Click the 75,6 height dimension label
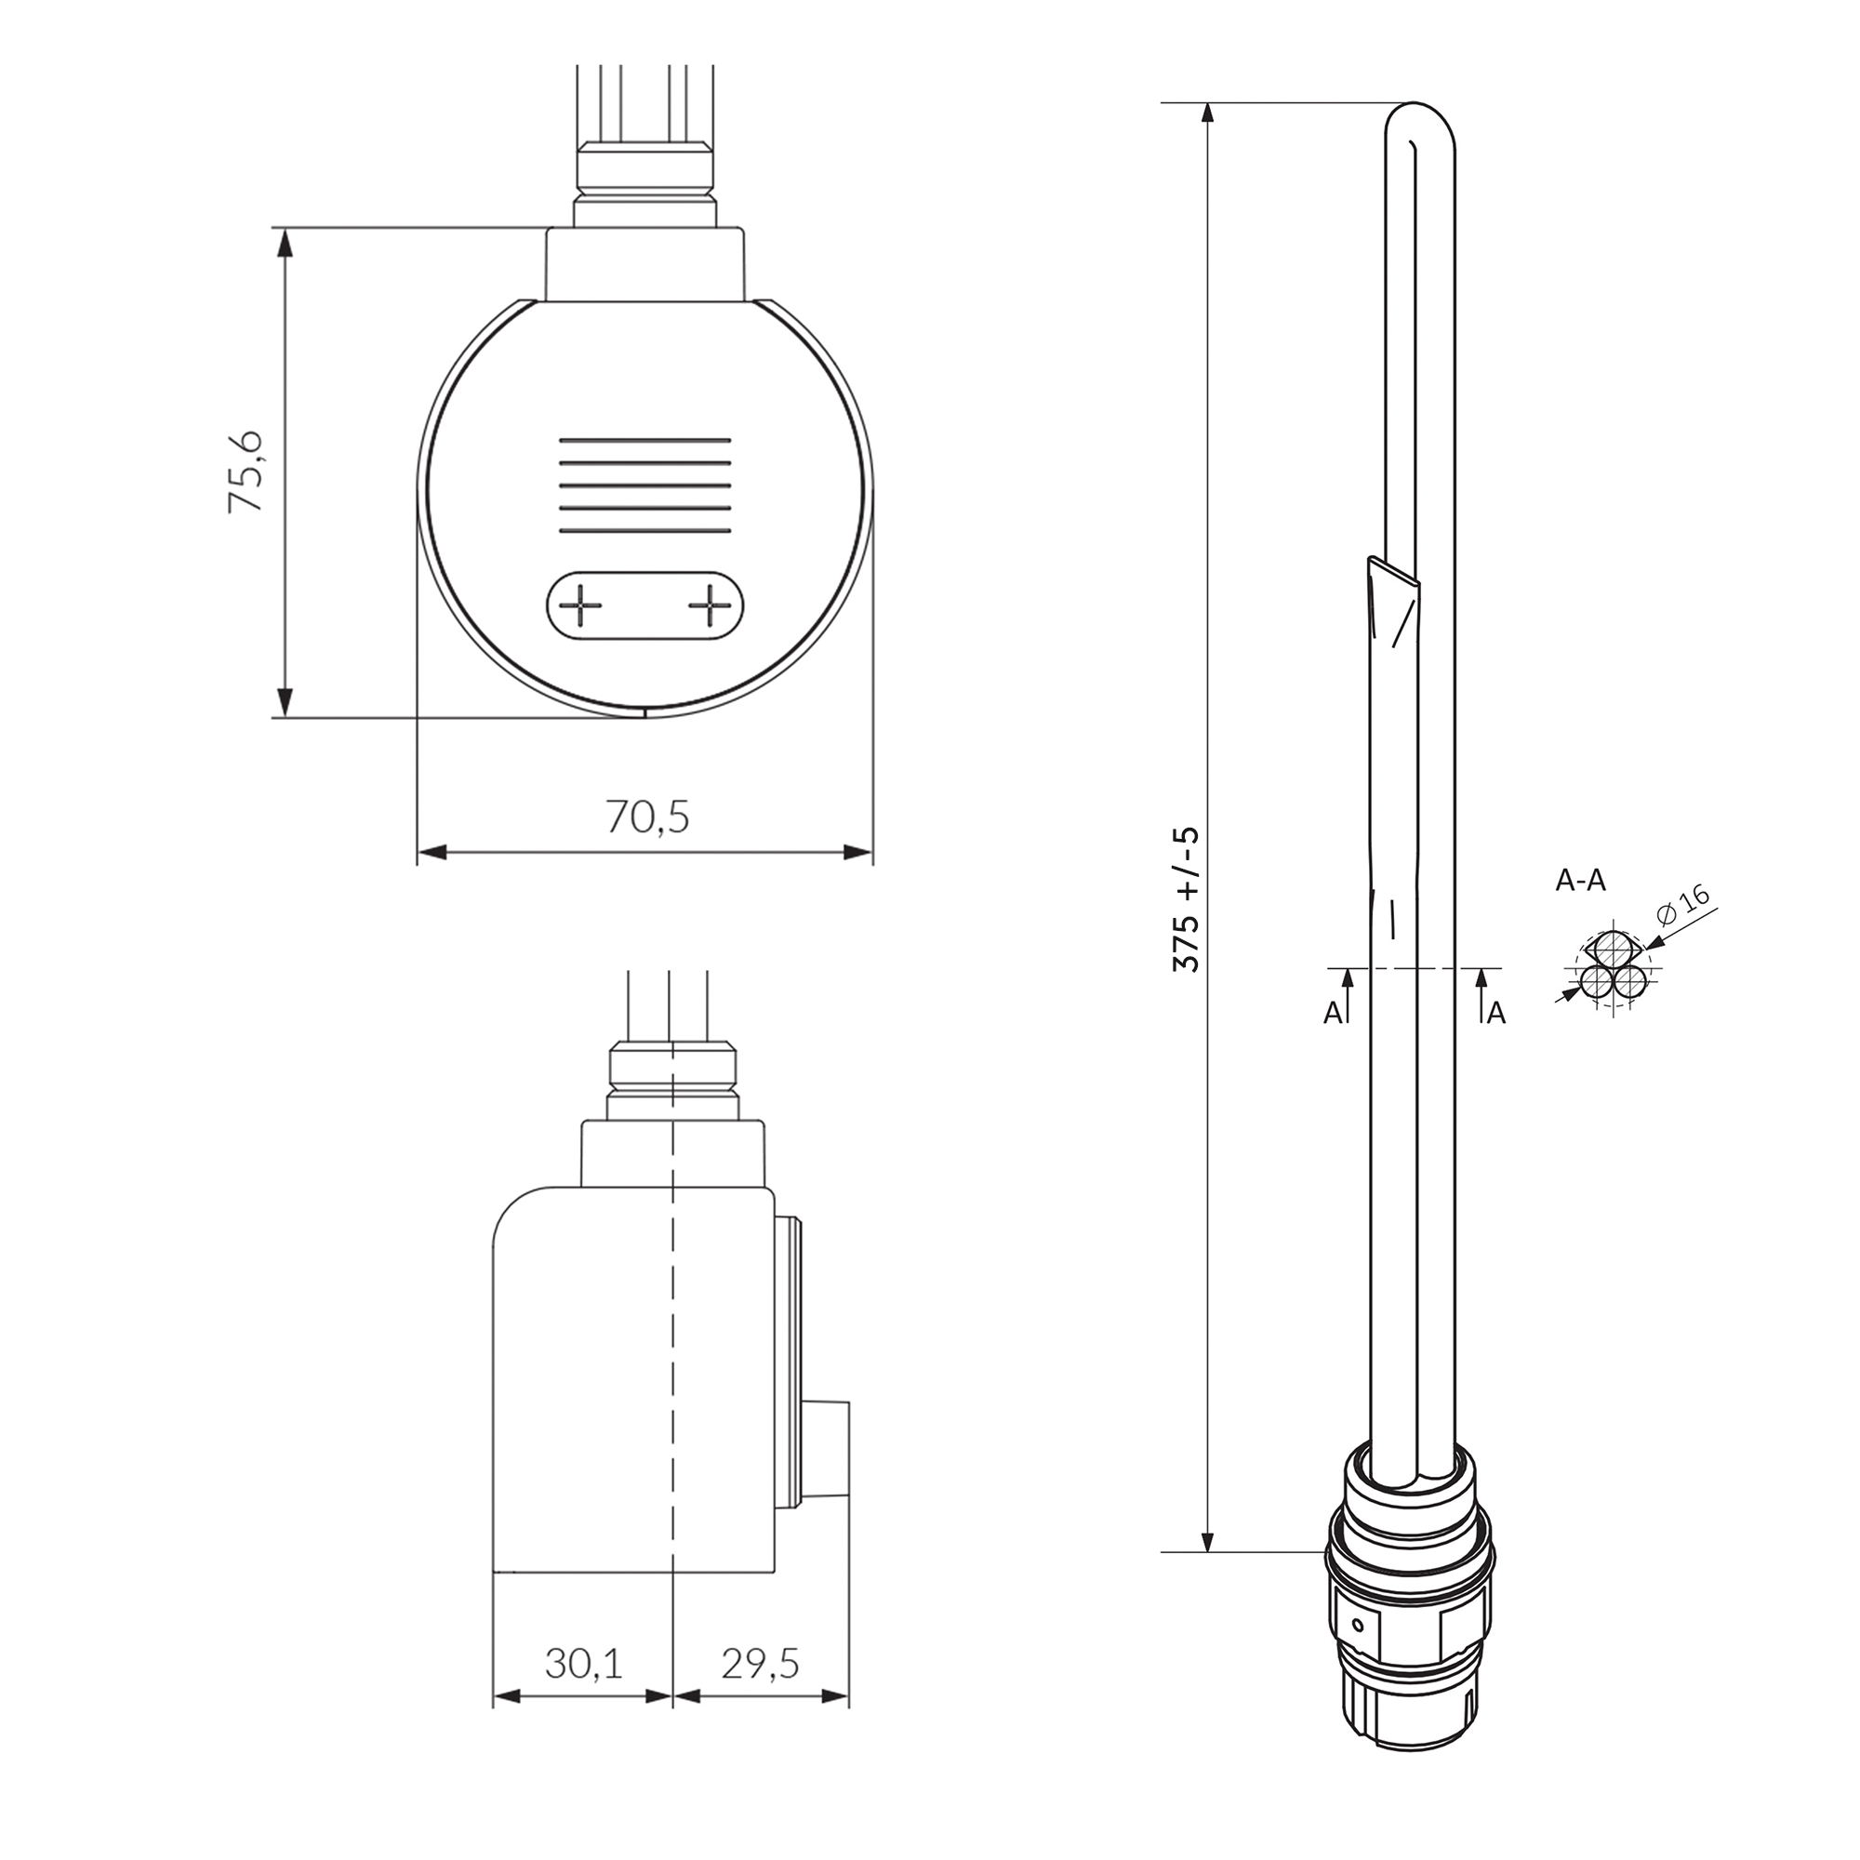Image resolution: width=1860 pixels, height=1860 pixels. tap(245, 471)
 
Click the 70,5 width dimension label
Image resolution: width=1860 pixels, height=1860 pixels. tap(647, 817)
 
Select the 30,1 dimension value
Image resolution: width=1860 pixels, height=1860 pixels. tap(582, 1664)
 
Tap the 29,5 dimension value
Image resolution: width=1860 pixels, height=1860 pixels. tap(761, 1664)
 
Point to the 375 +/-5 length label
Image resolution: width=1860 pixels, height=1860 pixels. tap(1186, 898)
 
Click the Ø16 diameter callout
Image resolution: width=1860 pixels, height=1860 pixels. tap(1686, 903)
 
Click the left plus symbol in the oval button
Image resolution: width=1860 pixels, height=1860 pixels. tap(580, 605)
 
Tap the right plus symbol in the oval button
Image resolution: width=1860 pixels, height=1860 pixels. tap(710, 605)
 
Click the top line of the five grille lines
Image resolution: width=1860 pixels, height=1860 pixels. tap(644, 440)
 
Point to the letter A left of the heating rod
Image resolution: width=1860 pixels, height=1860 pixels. tap(1333, 1014)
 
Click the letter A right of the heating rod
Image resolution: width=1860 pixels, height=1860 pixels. tap(1496, 1014)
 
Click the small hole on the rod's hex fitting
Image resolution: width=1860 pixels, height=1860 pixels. tap(1358, 1627)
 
